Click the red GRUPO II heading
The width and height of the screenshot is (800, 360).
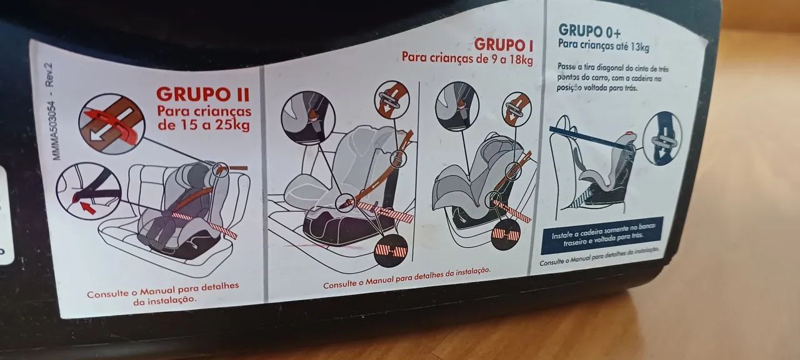203,94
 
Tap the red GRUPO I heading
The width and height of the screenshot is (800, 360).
504,45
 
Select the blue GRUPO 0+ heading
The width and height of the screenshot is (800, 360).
589,31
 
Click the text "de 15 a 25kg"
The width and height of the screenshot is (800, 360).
204,126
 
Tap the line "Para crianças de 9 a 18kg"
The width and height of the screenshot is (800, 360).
467,58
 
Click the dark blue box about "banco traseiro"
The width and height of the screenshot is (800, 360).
602,235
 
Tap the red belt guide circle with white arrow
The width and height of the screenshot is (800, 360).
112,124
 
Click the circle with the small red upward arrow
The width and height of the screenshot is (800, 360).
89,191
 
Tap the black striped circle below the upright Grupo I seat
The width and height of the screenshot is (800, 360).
391,251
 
